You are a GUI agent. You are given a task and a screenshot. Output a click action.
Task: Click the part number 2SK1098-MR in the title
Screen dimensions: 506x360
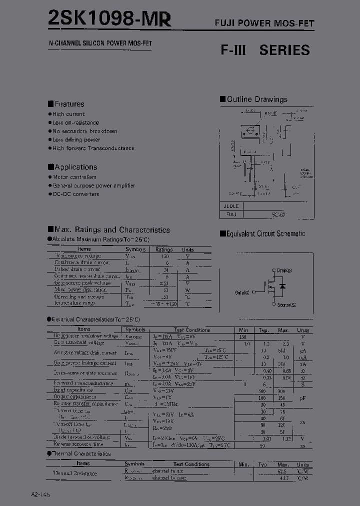pyautogui.click(x=109, y=18)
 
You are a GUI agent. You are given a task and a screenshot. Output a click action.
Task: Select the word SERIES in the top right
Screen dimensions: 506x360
pyautogui.click(x=284, y=50)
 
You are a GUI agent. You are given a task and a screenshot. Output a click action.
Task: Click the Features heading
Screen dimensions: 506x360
pyautogui.click(x=69, y=104)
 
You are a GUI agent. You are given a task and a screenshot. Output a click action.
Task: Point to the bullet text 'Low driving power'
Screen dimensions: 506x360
pyautogui.click(x=76, y=140)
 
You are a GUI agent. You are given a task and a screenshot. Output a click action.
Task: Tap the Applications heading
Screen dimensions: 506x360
pyautogui.click(x=75, y=167)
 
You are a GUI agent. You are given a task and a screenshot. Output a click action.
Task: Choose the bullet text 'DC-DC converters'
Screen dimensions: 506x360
pyautogui.click(x=76, y=194)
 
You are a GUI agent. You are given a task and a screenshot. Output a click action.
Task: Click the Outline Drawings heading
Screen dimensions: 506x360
pyautogui.click(x=257, y=99)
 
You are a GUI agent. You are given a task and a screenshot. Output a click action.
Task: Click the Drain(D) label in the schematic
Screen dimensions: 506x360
pyautogui.click(x=283, y=270)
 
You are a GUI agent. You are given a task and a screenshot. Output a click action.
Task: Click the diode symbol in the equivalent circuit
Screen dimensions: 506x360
pyautogui.click(x=282, y=286)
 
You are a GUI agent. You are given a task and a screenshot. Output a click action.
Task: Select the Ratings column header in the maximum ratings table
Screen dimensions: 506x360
pyautogui.click(x=163, y=249)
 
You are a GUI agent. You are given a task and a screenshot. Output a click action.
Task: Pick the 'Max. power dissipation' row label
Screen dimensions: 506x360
pyautogui.click(x=80, y=289)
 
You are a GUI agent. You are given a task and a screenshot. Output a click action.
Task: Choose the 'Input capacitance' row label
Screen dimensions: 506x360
pyautogui.click(x=73, y=390)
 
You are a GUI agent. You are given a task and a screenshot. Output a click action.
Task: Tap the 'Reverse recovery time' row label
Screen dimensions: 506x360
pyautogui.click(x=78, y=444)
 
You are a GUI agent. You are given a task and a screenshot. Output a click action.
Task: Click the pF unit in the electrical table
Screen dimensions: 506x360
pyautogui.click(x=302, y=397)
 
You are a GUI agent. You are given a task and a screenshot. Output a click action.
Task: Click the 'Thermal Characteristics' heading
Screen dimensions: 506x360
pyautogui.click(x=81, y=453)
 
